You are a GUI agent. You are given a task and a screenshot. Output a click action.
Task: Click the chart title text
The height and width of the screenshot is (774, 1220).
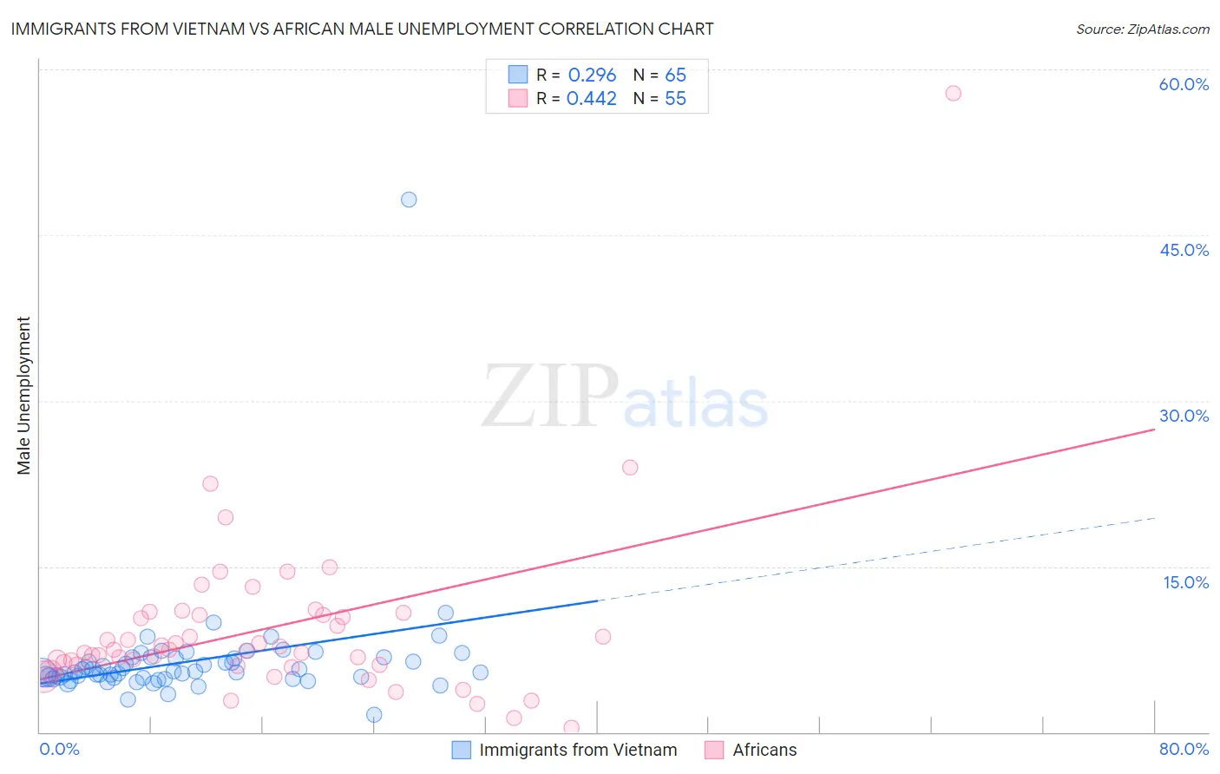pos(362,29)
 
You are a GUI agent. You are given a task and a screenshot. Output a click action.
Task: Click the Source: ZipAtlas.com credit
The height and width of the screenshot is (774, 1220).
pos(1142,29)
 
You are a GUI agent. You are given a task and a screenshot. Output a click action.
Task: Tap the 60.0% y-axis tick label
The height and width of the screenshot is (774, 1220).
pos(1184,84)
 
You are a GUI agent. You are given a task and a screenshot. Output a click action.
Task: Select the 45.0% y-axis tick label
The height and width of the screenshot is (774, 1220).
pos(1184,250)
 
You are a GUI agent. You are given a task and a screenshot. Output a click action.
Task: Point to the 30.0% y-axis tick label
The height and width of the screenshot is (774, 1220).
pos(1184,416)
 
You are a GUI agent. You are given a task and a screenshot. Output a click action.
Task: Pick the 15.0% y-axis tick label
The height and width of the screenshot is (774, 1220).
pos(1185,582)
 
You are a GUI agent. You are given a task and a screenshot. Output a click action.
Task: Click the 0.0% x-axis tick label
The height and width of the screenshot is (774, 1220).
pos(59,749)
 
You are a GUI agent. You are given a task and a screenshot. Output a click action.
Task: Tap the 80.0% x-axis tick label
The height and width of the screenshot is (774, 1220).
pos(1184,749)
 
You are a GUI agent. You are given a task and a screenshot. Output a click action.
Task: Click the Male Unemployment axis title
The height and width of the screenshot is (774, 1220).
pos(23,396)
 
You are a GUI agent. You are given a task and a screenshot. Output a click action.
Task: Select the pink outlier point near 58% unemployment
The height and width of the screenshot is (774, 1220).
pos(953,93)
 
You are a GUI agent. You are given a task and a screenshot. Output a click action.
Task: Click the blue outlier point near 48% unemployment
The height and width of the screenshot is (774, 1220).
pos(409,200)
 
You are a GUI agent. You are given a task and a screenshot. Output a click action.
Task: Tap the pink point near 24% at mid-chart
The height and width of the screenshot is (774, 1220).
pos(630,468)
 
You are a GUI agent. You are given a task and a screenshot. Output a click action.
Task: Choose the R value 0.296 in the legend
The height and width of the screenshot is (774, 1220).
pos(592,75)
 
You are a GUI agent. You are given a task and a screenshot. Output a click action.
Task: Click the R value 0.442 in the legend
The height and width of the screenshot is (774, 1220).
pos(592,99)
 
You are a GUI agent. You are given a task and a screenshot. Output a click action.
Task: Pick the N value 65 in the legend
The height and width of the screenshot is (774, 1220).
pos(675,75)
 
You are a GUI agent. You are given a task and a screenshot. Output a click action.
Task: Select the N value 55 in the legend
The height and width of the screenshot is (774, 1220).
pos(675,99)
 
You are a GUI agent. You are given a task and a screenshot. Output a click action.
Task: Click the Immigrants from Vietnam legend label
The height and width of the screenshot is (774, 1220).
pos(578,750)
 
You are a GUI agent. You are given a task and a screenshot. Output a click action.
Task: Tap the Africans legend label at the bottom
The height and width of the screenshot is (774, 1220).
pos(764,750)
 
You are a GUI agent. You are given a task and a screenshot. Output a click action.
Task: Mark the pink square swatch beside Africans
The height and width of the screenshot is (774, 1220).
pos(714,750)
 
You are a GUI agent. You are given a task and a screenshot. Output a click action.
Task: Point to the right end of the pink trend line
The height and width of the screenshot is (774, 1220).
pos(1154,430)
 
